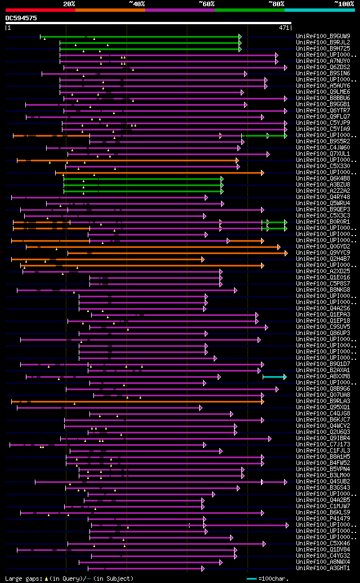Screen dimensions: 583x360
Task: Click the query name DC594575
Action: point(21,18)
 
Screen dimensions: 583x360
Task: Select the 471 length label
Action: point(284,27)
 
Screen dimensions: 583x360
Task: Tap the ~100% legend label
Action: point(343,3)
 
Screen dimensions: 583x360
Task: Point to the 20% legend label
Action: point(69,3)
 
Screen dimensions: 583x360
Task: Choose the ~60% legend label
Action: point(206,3)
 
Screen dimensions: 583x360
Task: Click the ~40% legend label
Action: point(137,3)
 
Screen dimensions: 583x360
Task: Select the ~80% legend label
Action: point(276,3)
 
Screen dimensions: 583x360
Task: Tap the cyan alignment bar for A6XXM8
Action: point(274,377)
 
